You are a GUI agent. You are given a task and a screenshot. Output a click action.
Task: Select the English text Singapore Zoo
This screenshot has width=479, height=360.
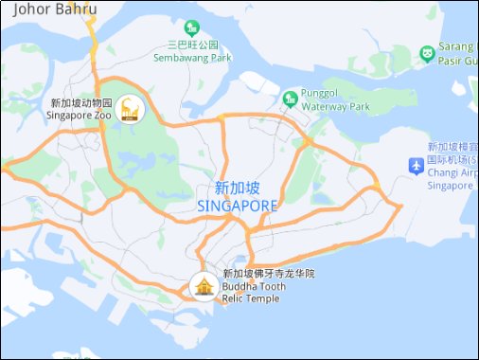tap(80, 116)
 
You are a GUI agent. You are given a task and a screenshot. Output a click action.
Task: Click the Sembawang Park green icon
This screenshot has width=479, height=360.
tap(192, 27)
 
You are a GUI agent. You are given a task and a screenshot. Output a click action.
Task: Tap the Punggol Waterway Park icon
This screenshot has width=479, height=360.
tap(290, 98)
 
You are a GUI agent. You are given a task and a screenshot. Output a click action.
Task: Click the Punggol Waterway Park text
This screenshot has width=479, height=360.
tap(334, 100)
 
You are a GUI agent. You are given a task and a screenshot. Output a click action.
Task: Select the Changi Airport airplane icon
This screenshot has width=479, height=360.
tap(416, 166)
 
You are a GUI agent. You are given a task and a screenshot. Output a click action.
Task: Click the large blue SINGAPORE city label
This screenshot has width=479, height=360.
tap(238, 206)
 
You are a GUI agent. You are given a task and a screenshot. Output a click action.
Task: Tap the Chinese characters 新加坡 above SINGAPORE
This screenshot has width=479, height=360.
tap(238, 188)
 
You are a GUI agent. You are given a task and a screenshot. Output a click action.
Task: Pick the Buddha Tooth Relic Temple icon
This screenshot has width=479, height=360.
tap(203, 284)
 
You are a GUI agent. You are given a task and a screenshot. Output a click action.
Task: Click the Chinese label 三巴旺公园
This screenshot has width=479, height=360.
tap(192, 45)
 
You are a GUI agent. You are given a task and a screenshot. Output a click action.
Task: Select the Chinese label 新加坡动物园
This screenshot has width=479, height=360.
tap(81, 103)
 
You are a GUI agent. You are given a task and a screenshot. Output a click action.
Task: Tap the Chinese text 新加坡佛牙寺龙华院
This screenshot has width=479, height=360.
tap(268, 274)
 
